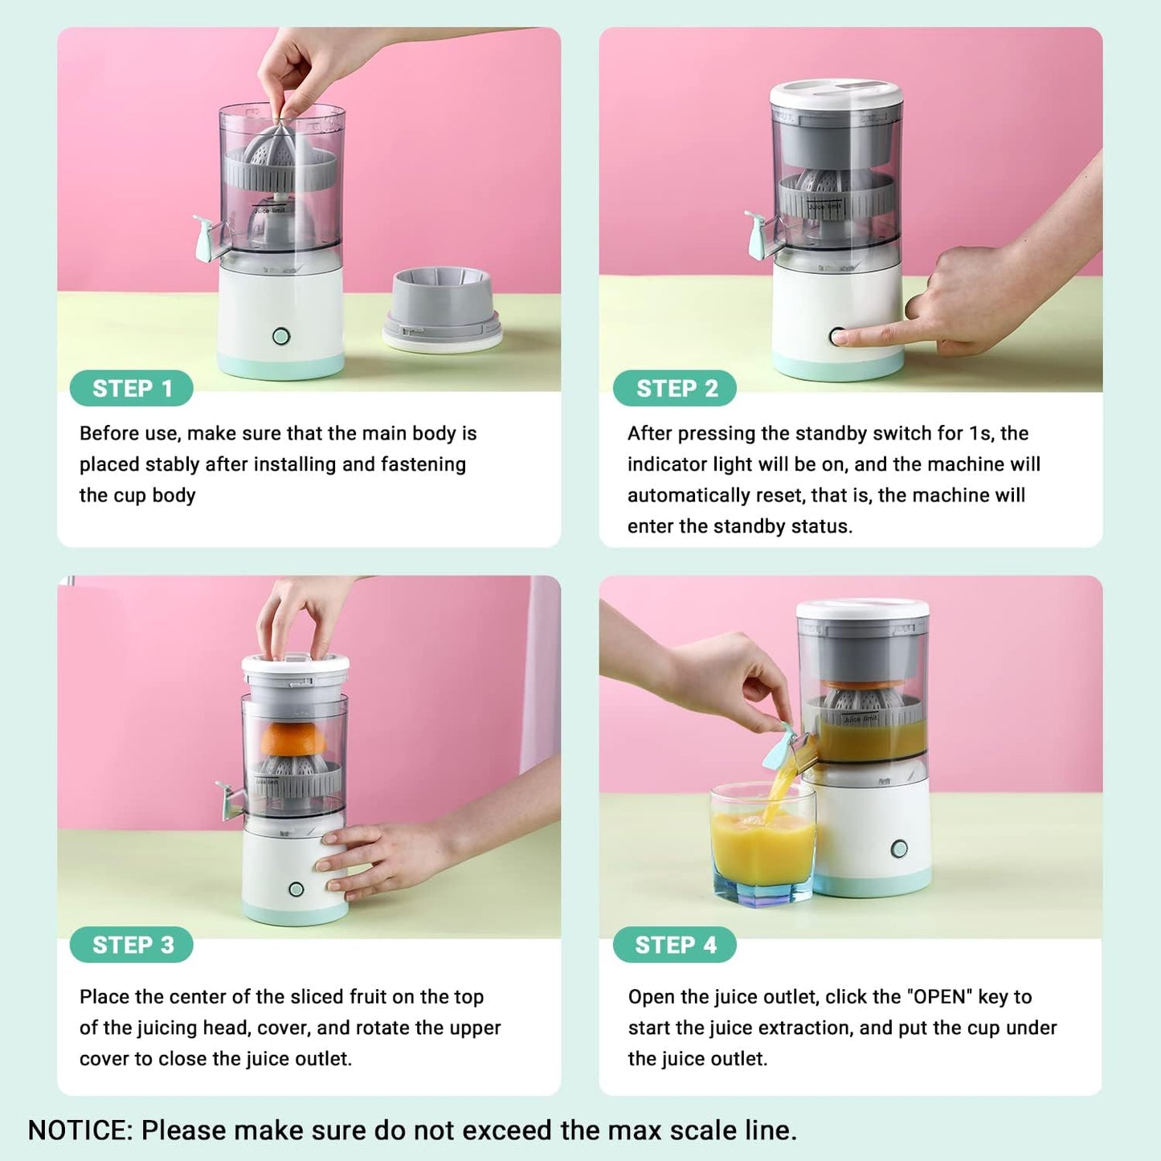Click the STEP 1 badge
pos(131,389)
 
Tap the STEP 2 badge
pos(675,389)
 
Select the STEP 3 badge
pos(131,945)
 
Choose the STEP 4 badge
pos(675,945)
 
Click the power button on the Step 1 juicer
pos(281,336)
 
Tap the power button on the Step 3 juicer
pos(296,889)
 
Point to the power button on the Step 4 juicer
pos(899,849)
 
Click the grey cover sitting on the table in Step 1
pos(443,309)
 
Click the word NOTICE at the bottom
pos(80,1130)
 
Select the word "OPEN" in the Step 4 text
pos(940,996)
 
